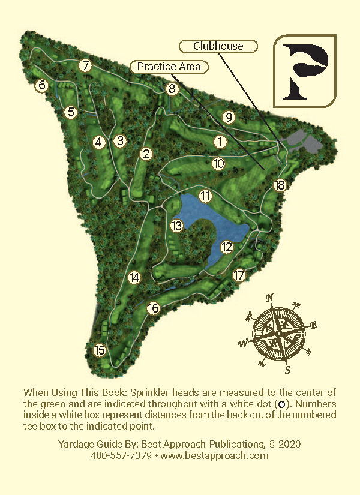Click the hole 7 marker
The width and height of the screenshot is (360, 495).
point(86,66)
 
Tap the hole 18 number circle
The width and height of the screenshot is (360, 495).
point(280,185)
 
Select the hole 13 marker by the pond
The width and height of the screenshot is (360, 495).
point(176,226)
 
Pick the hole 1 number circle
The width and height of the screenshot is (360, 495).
point(220,142)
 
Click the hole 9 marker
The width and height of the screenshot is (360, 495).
point(228,117)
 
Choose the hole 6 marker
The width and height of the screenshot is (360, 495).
point(41,86)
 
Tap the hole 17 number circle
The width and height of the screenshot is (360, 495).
point(239,276)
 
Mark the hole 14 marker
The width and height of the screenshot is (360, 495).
point(134,278)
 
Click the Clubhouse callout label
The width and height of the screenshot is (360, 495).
point(218,46)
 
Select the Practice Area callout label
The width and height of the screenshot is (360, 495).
point(169,67)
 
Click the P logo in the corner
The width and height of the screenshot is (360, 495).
point(305,71)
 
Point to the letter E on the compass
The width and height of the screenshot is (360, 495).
point(312,326)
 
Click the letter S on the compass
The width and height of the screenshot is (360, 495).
point(287,368)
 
